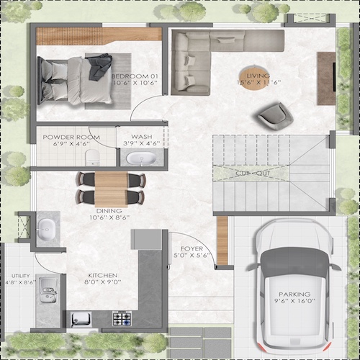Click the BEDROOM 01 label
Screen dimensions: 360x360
(x=131, y=74)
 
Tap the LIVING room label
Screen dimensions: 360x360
(x=257, y=75)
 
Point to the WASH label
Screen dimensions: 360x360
(x=141, y=136)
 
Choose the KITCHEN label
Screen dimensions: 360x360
(x=102, y=275)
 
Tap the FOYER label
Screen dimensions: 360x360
(x=192, y=248)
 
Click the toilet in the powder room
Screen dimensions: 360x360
(x=90, y=156)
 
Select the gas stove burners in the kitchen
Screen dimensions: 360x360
(x=121, y=317)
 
